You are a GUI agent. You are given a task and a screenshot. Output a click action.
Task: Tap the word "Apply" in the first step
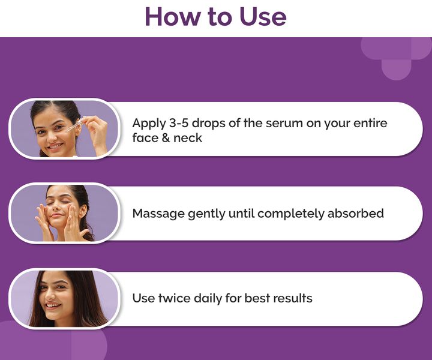[148, 124]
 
